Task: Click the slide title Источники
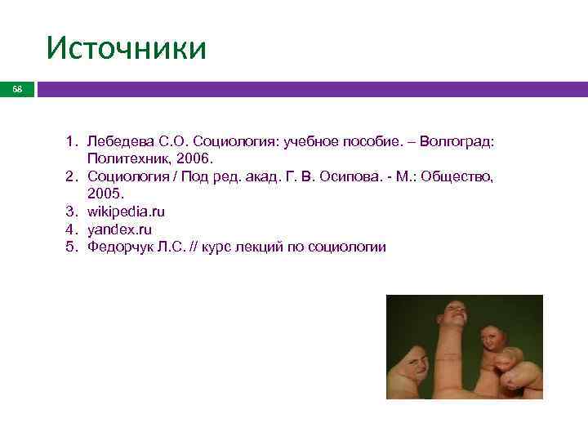coord(126,48)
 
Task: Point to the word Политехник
coord(124,159)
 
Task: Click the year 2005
coord(104,194)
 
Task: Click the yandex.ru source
coord(119,229)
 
